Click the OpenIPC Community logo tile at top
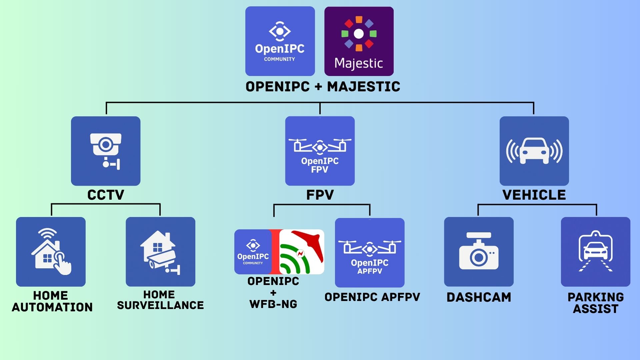(x=280, y=41)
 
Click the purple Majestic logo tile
(x=359, y=41)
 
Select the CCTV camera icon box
(x=106, y=151)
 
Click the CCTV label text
(x=106, y=195)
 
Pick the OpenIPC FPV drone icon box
(x=320, y=151)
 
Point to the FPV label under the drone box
(x=320, y=195)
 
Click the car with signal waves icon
(x=534, y=151)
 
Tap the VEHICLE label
(x=534, y=195)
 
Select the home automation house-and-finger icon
(x=51, y=252)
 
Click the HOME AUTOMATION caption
(x=52, y=301)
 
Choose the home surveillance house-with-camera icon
(x=160, y=252)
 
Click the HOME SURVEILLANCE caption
(x=160, y=300)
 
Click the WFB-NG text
(x=273, y=304)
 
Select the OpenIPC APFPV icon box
(x=370, y=253)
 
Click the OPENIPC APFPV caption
(x=372, y=297)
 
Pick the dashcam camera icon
(x=479, y=252)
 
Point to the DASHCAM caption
(x=479, y=297)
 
